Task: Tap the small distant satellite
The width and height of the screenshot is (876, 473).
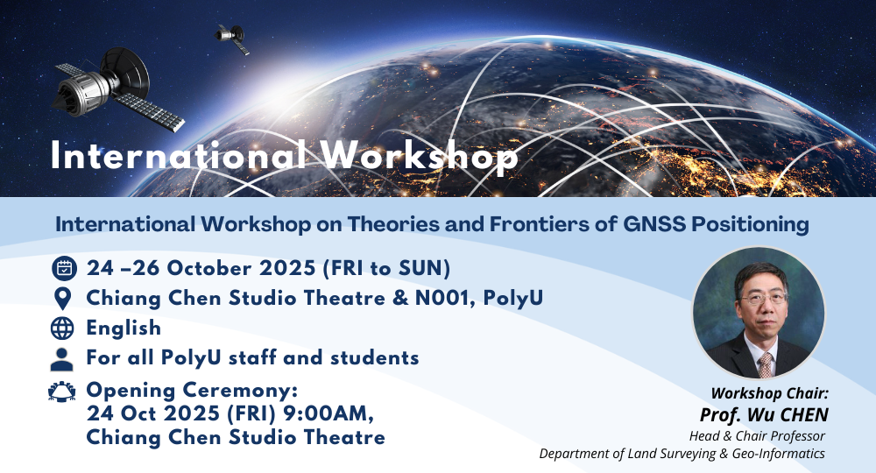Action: (232, 37)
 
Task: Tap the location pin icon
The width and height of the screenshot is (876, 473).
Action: (63, 298)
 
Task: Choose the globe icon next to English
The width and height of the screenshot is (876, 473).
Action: (63, 328)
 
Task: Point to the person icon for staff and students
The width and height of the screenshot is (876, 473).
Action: (63, 357)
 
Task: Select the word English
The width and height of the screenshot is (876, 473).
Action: (124, 328)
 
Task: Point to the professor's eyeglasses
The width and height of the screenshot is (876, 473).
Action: (759, 298)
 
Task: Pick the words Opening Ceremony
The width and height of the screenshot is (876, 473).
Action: (192, 388)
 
